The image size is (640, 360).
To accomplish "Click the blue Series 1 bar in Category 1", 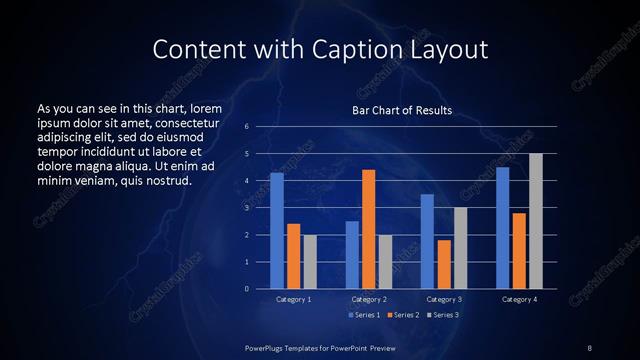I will [x=277, y=230].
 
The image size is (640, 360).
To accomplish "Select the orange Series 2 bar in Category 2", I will [x=368, y=229].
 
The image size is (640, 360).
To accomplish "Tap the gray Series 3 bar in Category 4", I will [x=535, y=221].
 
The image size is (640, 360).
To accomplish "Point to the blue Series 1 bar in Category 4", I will [x=502, y=227].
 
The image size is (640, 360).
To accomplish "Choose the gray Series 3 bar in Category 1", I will [x=309, y=261].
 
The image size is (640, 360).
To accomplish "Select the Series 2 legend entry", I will [x=403, y=315].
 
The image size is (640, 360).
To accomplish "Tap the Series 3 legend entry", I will [x=443, y=315].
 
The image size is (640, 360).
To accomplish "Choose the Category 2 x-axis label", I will [x=368, y=299].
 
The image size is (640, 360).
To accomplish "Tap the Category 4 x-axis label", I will [x=518, y=299].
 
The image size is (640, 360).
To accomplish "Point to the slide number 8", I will [x=590, y=347].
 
